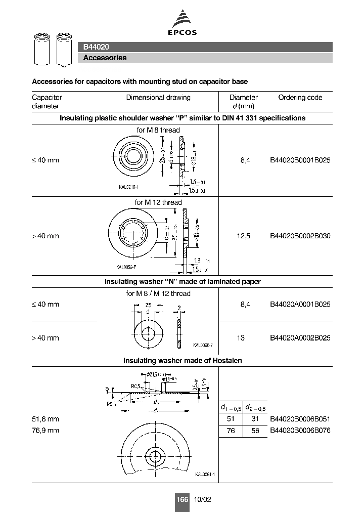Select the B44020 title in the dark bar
pyautogui.click(x=96, y=47)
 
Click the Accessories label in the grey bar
pyautogui.click(x=105, y=58)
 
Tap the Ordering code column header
pyautogui.click(x=300, y=97)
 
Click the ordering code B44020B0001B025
pyautogui.click(x=300, y=160)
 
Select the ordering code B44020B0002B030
pyautogui.click(x=300, y=236)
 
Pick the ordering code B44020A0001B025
pyautogui.click(x=300, y=304)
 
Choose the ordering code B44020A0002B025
pyautogui.click(x=300, y=338)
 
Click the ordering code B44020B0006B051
pyautogui.click(x=300, y=419)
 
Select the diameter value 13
pyautogui.click(x=241, y=338)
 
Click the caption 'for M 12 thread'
pyautogui.click(x=158, y=202)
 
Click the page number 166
pyautogui.click(x=182, y=499)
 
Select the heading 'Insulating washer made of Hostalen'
pyautogui.click(x=183, y=361)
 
